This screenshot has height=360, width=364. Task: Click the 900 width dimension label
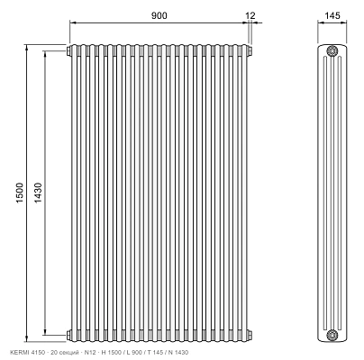point(159,15)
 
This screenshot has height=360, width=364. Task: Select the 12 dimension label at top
point(250,15)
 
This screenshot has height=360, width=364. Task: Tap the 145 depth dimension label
point(332,15)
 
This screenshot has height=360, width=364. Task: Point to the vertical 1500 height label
point(20,193)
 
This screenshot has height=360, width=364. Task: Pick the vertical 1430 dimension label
point(38,193)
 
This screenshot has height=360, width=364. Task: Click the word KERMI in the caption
point(17,352)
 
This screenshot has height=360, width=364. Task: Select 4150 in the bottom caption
point(31,352)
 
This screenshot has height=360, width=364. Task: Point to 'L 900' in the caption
point(134,352)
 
